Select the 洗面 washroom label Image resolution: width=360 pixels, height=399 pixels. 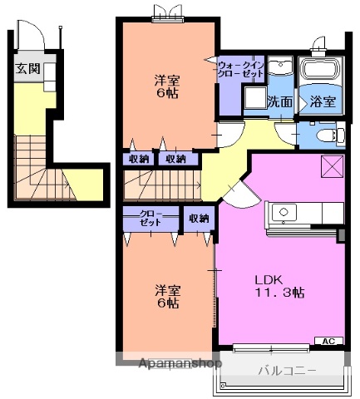(279, 103)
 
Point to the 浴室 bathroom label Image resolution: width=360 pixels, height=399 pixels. (323, 103)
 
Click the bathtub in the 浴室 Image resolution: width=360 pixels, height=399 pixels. (321, 70)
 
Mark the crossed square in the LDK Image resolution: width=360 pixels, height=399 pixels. (332, 166)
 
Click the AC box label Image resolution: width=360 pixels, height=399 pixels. (330, 342)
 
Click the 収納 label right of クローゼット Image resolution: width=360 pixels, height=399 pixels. (198, 219)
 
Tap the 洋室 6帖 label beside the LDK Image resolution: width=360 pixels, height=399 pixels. (167, 297)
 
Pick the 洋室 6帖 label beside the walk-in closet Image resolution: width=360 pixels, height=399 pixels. (167, 88)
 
